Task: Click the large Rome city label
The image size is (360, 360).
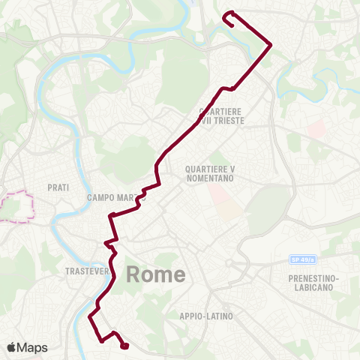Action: (156, 274)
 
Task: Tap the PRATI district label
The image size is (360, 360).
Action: (58, 187)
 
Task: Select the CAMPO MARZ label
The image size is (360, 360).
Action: (109, 198)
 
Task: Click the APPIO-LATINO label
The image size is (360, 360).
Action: (205, 316)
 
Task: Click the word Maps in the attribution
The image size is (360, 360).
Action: (34, 347)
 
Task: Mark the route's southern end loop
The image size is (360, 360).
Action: (124, 345)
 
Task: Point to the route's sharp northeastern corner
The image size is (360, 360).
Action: (270, 44)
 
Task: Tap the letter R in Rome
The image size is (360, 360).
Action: (134, 274)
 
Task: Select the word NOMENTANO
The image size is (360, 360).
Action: (210, 180)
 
